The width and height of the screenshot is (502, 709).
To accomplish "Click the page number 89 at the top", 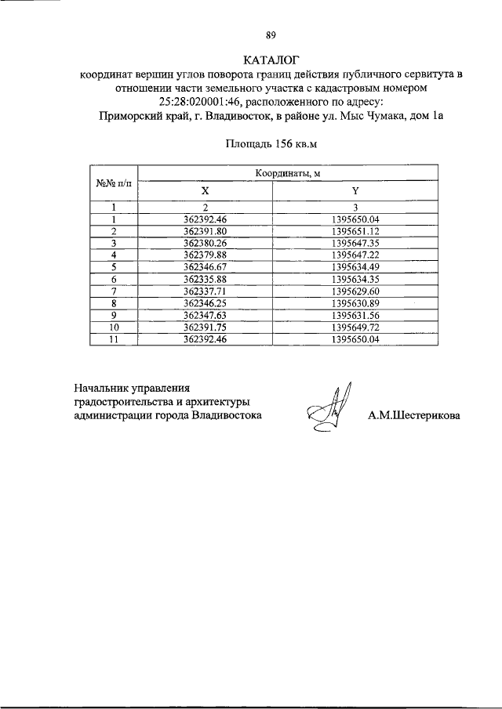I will pyautogui.click(x=271, y=35).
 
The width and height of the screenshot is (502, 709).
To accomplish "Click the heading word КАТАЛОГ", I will pyautogui.click(x=271, y=60).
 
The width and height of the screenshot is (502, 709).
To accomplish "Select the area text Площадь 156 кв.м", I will pyautogui.click(x=271, y=143).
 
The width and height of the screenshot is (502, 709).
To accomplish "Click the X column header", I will pyautogui.click(x=205, y=191).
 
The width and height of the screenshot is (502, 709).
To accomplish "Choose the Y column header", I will pyautogui.click(x=355, y=191).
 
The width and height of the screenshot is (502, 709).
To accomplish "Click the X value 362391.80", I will pyautogui.click(x=205, y=232).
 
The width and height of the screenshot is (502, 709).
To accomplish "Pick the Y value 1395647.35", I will pyautogui.click(x=355, y=244).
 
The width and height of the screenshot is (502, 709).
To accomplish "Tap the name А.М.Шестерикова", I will pyautogui.click(x=414, y=416).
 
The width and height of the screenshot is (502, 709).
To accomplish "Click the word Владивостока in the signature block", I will pyautogui.click(x=227, y=416).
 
